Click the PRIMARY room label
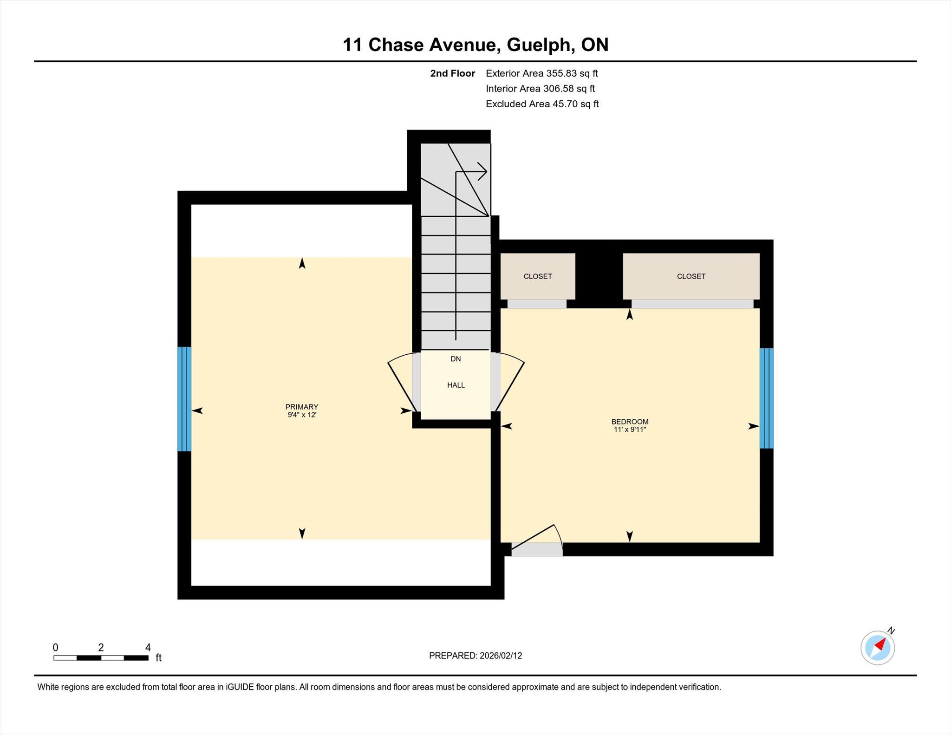click(302, 407)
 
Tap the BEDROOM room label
click(630, 422)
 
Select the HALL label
click(456, 385)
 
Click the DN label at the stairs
click(456, 359)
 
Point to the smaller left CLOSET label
click(538, 276)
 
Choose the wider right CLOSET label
click(691, 276)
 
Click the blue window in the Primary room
click(184, 399)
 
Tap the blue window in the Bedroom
click(767, 398)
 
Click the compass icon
click(878, 647)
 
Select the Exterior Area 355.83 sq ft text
click(542, 73)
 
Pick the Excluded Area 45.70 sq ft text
click(542, 104)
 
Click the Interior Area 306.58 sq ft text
click(541, 89)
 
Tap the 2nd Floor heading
click(453, 73)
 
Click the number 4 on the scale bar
click(148, 647)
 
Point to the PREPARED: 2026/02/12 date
click(475, 656)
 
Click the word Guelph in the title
click(538, 45)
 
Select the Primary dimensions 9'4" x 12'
click(302, 415)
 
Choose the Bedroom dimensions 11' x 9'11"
click(630, 429)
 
